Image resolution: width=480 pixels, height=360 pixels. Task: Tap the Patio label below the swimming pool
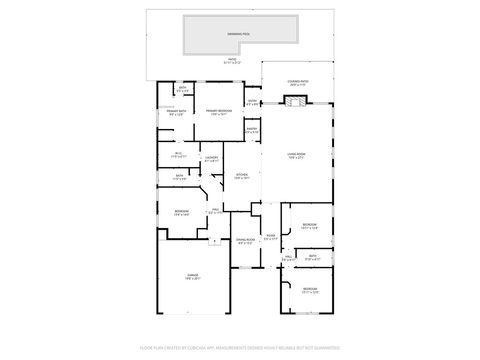pyautogui.click(x=233, y=61)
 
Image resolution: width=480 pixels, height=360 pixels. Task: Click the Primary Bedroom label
pyautogui.click(x=220, y=112)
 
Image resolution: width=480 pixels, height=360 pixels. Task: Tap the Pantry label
pyautogui.click(x=252, y=130)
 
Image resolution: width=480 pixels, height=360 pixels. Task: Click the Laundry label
pyautogui.click(x=212, y=160)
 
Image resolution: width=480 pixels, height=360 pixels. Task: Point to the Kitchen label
pyautogui.click(x=242, y=176)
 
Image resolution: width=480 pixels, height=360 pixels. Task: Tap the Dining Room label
pyautogui.click(x=245, y=241)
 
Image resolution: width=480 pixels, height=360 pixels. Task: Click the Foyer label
pyautogui.click(x=271, y=238)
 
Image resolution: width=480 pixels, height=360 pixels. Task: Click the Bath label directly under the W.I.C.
pyautogui.click(x=179, y=177)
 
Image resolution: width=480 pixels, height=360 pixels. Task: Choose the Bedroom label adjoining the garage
pyautogui.click(x=182, y=213)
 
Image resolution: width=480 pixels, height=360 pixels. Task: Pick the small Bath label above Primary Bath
pyautogui.click(x=182, y=90)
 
